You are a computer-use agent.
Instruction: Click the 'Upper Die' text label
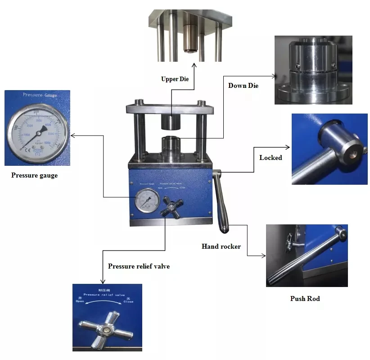[175, 79]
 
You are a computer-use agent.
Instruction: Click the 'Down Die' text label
[243, 86]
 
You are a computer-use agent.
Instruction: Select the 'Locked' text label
[271, 158]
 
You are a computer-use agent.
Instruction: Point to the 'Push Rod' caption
[305, 299]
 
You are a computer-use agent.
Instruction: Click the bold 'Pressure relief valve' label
[139, 266]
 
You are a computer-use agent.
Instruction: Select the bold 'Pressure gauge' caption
[34, 175]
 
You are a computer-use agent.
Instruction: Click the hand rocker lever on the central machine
[221, 203]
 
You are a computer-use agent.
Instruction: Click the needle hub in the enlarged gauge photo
[41, 130]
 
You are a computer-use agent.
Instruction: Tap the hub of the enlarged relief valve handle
[106, 330]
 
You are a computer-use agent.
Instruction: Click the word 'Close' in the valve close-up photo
[128, 301]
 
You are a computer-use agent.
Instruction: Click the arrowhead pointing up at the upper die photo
[195, 65]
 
